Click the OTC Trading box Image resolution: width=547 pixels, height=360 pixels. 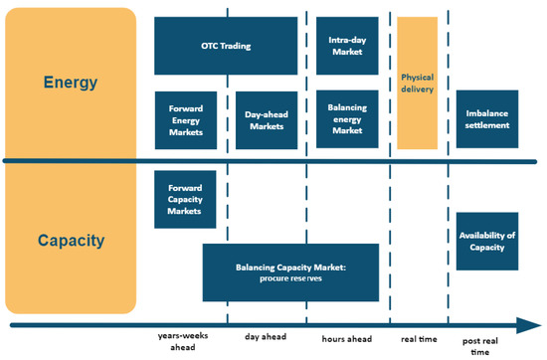226,46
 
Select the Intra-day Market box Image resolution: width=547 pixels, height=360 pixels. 346,46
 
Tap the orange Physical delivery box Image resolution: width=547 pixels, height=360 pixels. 418,83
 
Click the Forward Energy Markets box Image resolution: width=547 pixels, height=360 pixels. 186,120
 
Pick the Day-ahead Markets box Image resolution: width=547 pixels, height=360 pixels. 266,120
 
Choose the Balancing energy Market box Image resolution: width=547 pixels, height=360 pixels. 346,120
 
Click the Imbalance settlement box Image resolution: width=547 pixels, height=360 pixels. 487,120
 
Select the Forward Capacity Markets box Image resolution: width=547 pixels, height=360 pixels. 186,198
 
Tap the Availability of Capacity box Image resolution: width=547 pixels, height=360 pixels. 487,240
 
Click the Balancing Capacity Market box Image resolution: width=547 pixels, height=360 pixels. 290,272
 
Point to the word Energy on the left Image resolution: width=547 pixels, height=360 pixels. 71,82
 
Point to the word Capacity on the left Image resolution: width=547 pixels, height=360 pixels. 71,240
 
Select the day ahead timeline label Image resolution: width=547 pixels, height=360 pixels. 267,338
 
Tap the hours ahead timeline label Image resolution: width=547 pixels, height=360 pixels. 346,338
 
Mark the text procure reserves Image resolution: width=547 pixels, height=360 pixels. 290,279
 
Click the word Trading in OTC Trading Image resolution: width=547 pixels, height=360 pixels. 236,46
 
